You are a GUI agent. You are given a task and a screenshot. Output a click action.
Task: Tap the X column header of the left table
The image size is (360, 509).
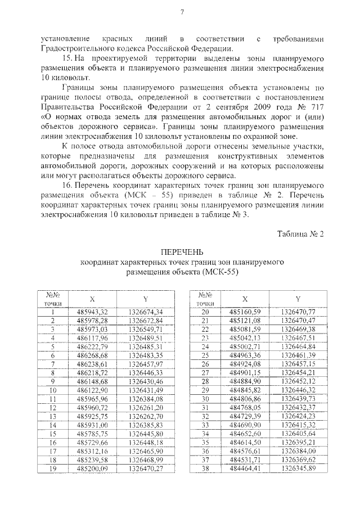pyautogui.click(x=92, y=299)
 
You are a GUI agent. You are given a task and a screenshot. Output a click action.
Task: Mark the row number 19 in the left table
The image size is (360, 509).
pyautogui.click(x=52, y=469)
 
